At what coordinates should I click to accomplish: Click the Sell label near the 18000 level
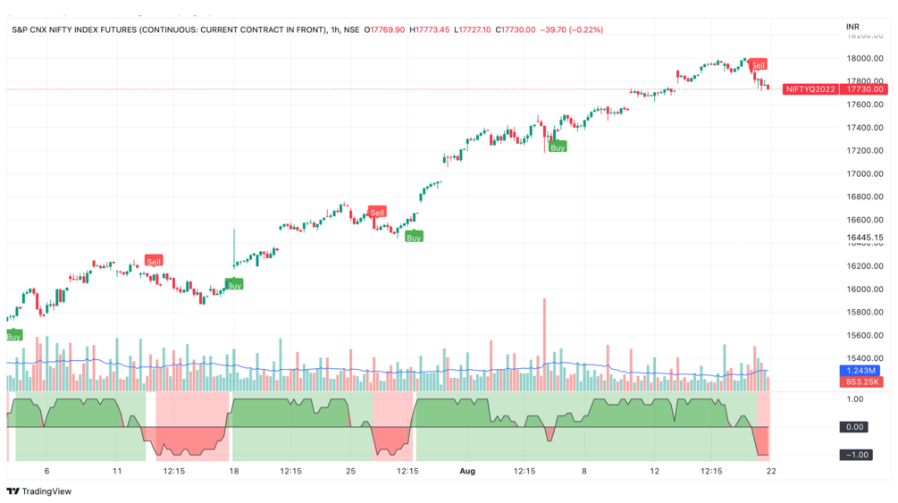(758, 65)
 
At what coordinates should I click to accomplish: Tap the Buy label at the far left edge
(13, 337)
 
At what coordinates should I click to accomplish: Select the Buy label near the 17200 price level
(558, 147)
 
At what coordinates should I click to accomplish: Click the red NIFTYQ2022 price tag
(810, 89)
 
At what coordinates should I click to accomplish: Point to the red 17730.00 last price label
(865, 89)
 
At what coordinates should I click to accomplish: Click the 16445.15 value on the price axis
(865, 239)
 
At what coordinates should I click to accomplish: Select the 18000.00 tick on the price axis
(865, 59)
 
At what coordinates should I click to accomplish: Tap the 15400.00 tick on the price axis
(865, 358)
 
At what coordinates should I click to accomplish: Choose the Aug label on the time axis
(466, 470)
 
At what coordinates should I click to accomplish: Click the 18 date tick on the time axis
(234, 470)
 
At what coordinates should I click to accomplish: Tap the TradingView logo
(39, 490)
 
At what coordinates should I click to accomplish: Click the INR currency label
(852, 28)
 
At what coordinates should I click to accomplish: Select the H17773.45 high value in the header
(431, 29)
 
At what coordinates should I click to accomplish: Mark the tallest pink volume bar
(543, 344)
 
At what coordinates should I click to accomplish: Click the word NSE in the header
(351, 29)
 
